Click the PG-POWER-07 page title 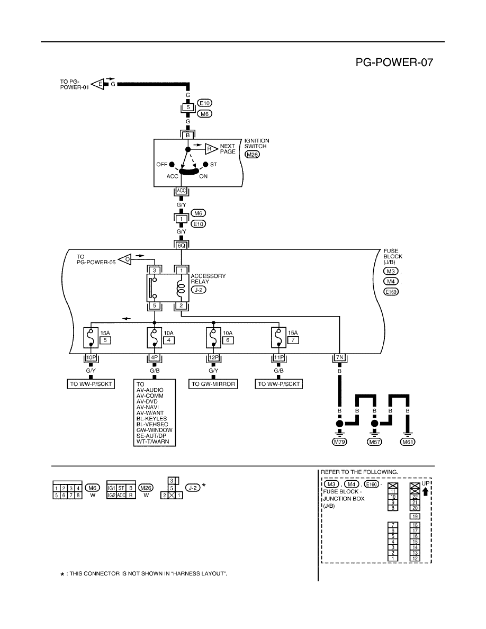[394, 62]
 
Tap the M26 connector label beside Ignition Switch [252, 155]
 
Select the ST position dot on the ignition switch [206, 165]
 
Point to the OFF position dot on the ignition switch [172, 165]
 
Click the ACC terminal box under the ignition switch [182, 191]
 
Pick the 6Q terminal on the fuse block [182, 245]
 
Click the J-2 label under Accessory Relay [199, 290]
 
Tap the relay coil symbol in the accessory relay [181, 287]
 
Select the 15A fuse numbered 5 [91, 338]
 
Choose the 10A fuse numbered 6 [214, 338]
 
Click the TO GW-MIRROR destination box [213, 384]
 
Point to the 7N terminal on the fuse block [340, 357]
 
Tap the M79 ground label [340, 442]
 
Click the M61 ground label [408, 442]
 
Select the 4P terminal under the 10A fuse [155, 357]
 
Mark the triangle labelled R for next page [211, 149]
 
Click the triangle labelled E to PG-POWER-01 [97, 84]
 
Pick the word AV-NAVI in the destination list [148, 407]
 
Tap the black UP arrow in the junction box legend [426, 491]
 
